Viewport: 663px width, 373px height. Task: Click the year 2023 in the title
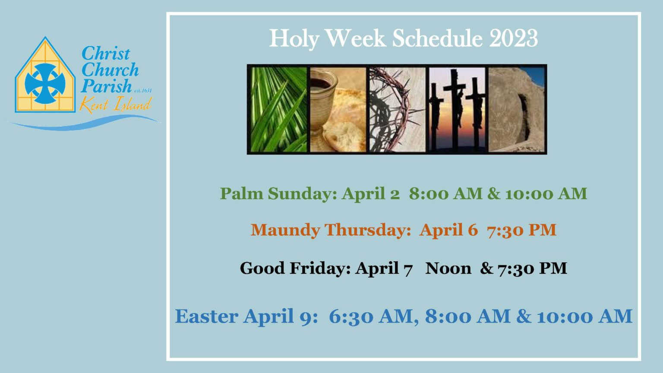click(513, 38)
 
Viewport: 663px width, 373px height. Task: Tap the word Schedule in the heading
click(437, 38)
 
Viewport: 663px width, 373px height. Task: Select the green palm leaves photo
click(278, 109)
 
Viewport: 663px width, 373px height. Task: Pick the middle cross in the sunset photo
click(457, 104)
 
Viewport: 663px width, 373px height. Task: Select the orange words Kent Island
click(116, 105)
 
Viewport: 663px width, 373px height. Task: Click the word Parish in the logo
click(106, 86)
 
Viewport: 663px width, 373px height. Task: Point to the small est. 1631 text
click(143, 91)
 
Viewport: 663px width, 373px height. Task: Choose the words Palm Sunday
click(277, 193)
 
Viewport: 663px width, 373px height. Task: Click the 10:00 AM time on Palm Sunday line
click(546, 193)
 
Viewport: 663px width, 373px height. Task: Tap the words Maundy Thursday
click(330, 230)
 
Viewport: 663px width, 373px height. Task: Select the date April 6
click(448, 230)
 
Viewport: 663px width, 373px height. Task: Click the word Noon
click(448, 269)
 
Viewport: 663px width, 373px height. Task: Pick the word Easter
click(206, 316)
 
